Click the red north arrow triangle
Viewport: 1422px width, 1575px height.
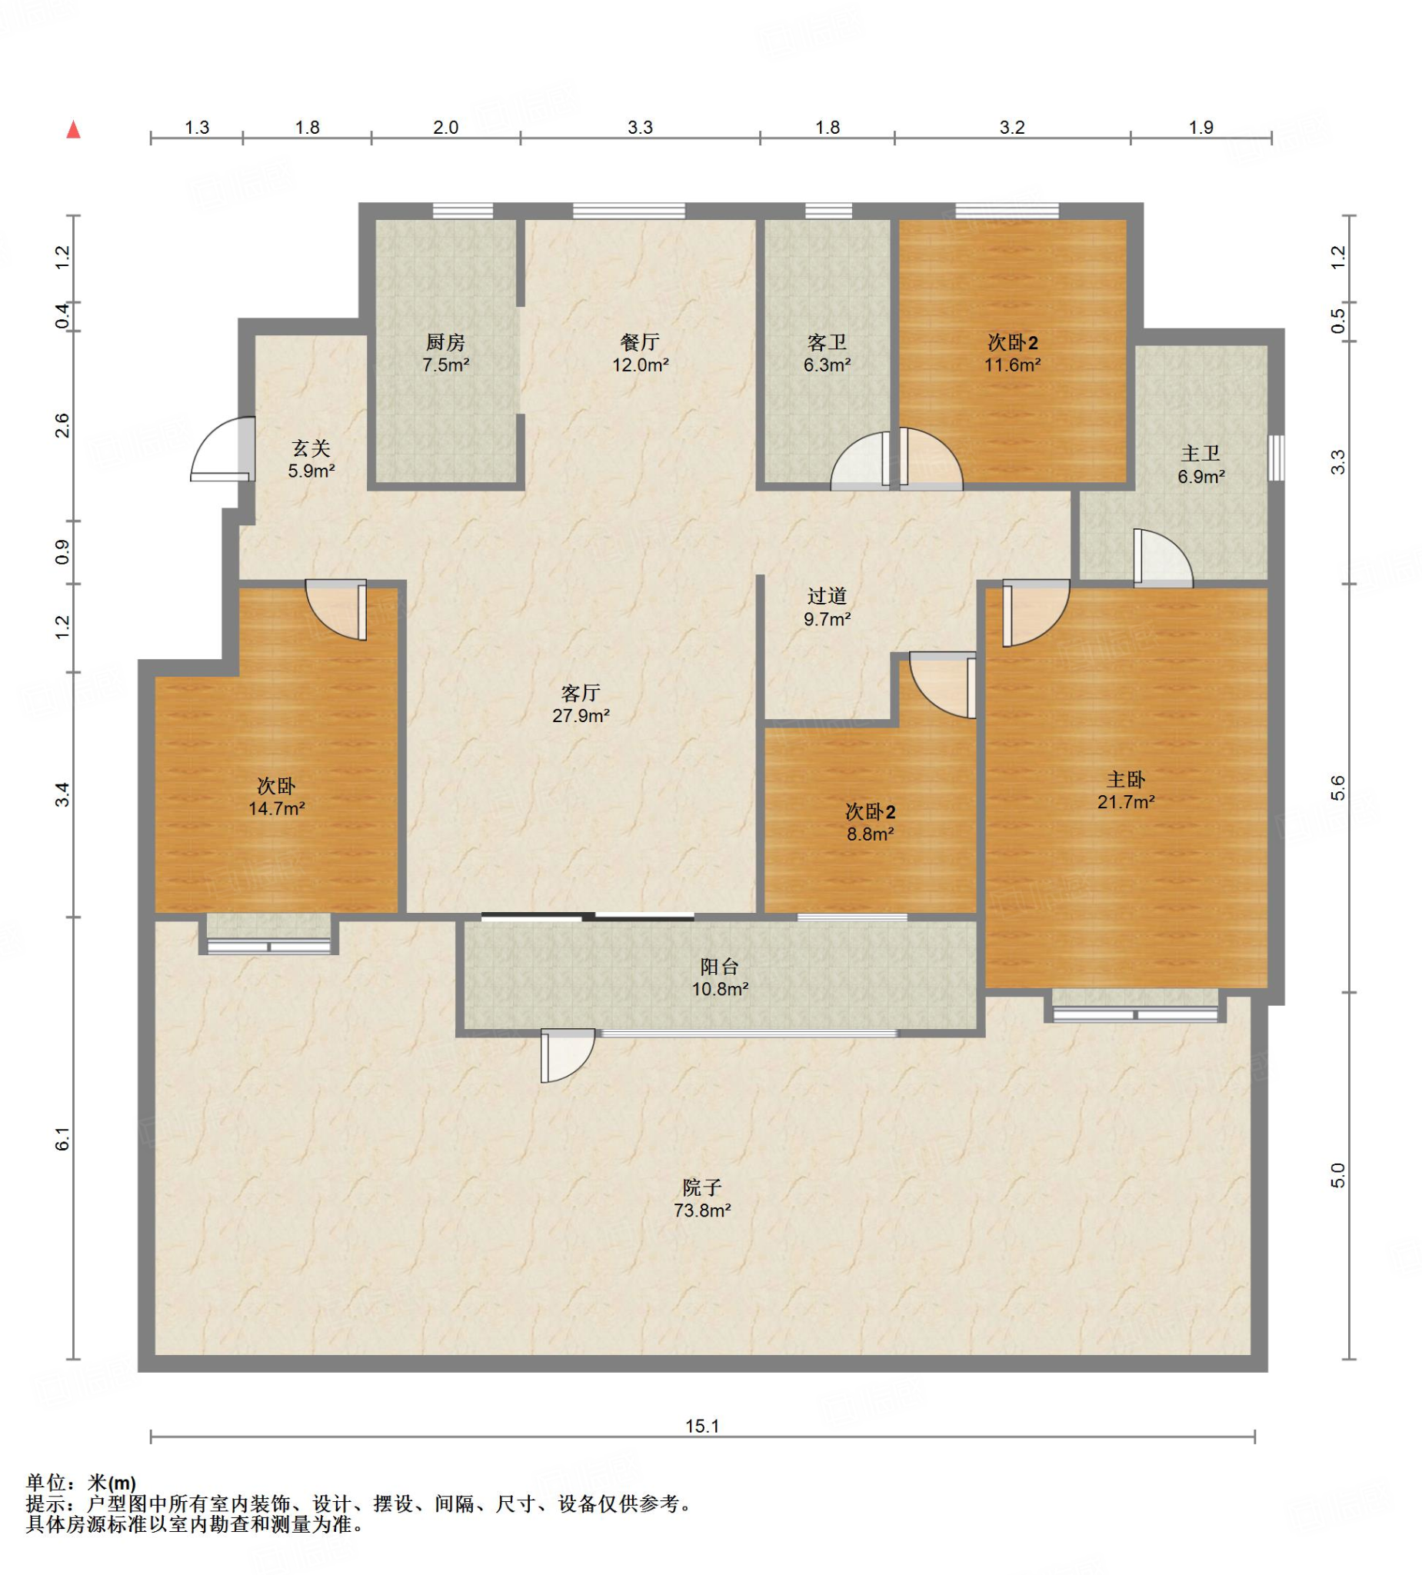click(73, 129)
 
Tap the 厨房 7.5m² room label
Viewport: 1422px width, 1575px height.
click(445, 353)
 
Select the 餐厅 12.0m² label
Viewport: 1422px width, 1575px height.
click(640, 353)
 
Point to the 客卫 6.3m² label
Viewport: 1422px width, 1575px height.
click(827, 353)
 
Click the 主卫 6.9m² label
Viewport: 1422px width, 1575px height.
click(1201, 465)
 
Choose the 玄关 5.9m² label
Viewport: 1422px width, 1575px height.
click(311, 459)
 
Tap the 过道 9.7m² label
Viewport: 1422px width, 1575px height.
click(827, 607)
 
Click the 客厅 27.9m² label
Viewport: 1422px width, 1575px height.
click(581, 704)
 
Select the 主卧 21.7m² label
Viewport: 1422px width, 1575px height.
click(1126, 790)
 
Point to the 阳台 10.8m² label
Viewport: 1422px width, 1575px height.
click(720, 977)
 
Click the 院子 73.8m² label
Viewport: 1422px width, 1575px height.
click(701, 1198)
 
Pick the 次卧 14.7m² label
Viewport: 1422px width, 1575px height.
click(277, 797)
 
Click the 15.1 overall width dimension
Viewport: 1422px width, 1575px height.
click(701, 1426)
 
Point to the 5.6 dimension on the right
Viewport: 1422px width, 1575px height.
click(1337, 787)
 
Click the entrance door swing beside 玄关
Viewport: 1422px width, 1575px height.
click(223, 448)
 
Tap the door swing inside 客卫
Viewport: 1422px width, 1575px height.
click(861, 461)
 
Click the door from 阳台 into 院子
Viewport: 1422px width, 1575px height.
click(568, 1055)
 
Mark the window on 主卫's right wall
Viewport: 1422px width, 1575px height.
click(1276, 458)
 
